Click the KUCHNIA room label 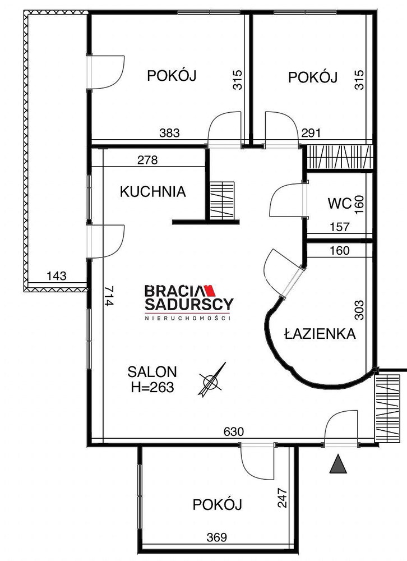152,192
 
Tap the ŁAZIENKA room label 320,333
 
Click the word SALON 152,372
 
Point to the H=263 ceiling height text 152,387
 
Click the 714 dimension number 109,296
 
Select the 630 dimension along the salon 234,432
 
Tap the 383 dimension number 169,133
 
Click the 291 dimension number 311,133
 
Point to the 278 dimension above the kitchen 147,160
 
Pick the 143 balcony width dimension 57,276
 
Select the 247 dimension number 283,498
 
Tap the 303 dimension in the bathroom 359,310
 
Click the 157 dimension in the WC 339,227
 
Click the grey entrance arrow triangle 338,464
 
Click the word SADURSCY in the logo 189,304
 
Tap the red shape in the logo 209,291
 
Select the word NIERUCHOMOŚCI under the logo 187,318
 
